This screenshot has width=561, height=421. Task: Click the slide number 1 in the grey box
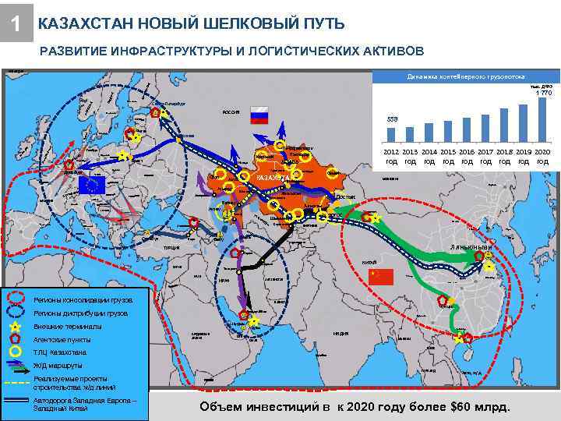point(16,25)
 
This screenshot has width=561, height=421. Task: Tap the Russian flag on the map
point(258,116)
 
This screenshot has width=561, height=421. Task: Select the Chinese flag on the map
point(382,275)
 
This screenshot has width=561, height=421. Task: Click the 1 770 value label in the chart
point(542,94)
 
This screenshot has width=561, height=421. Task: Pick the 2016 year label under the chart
point(467,157)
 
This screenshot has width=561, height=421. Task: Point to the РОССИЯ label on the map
point(231,112)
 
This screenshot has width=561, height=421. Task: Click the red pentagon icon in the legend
point(16,339)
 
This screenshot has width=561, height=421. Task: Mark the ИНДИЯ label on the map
point(340,333)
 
